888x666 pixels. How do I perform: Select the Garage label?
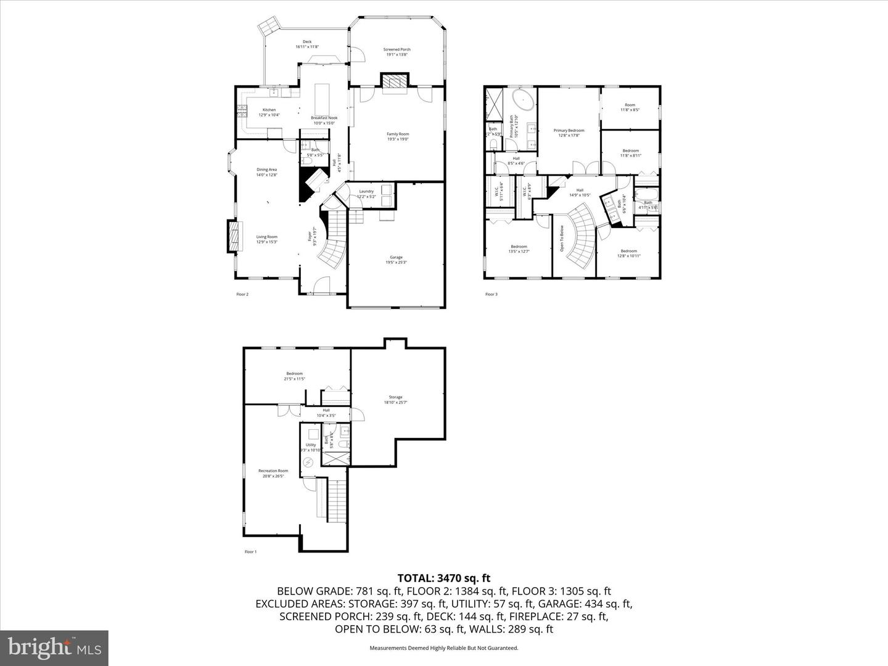tap(396, 260)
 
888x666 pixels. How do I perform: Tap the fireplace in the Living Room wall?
tap(232, 236)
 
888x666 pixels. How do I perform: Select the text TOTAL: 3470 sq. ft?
tap(443, 578)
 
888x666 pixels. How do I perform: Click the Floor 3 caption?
tap(491, 294)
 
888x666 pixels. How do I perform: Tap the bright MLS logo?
tap(54, 647)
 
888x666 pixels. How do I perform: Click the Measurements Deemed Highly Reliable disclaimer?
tap(443, 648)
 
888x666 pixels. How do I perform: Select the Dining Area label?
tap(267, 172)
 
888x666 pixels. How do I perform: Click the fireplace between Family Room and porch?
tap(393, 82)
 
